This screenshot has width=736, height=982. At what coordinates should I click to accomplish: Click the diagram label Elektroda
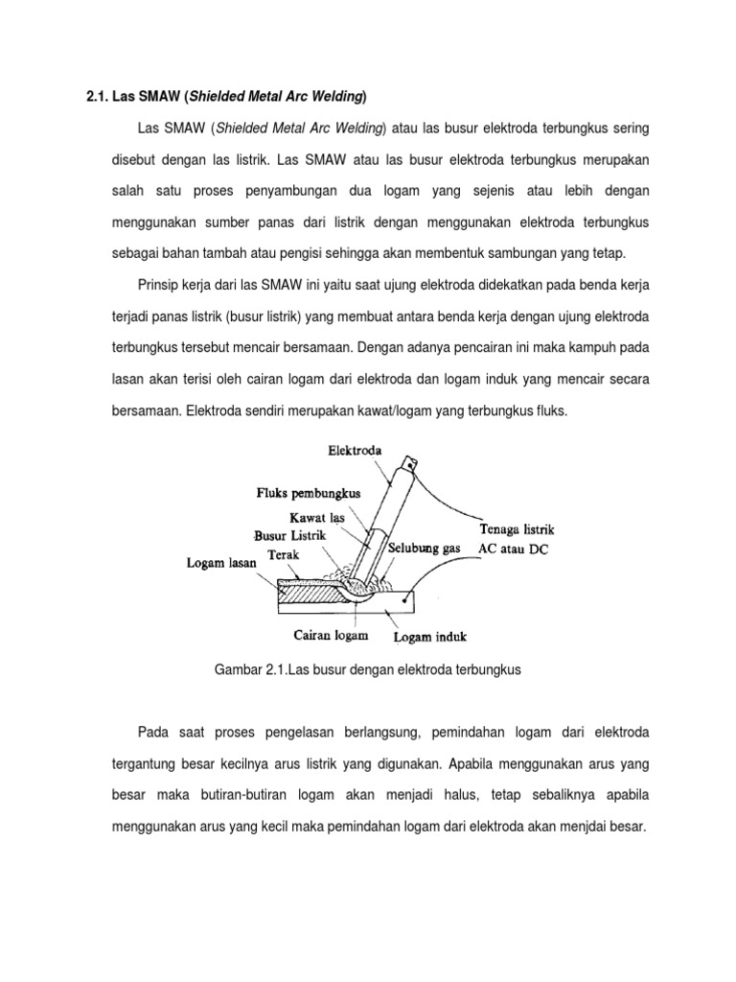[x=356, y=450]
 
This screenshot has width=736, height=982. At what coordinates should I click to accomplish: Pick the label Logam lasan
[x=221, y=564]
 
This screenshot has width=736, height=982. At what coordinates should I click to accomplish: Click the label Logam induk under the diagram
[x=430, y=635]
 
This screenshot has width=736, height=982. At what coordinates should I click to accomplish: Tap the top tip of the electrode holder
[x=411, y=464]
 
